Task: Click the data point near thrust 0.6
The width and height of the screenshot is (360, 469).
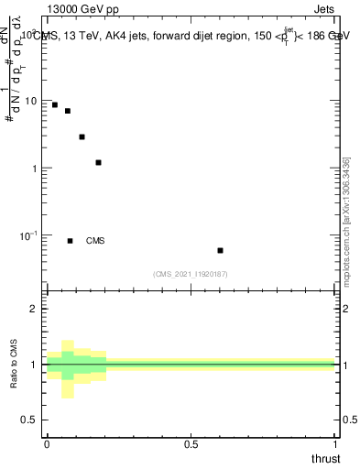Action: click(220, 250)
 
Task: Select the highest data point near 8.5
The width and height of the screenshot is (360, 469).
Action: click(55, 105)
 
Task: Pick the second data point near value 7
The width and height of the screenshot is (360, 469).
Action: click(67, 111)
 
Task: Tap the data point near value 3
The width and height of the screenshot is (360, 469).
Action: click(82, 136)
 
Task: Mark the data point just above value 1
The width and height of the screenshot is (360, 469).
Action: click(98, 162)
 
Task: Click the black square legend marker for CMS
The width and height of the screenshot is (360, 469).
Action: click(70, 241)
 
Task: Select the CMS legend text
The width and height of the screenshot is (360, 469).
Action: click(95, 241)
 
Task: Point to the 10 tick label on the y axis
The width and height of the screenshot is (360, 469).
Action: click(32, 101)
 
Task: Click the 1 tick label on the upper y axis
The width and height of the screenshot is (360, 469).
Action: click(36, 169)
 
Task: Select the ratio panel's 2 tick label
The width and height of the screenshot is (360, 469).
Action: click(35, 309)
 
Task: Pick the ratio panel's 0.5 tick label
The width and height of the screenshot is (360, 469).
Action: click(30, 420)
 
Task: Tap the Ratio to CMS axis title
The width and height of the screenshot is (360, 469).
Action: click(14, 365)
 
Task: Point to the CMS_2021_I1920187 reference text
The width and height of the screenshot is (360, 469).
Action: click(191, 274)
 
